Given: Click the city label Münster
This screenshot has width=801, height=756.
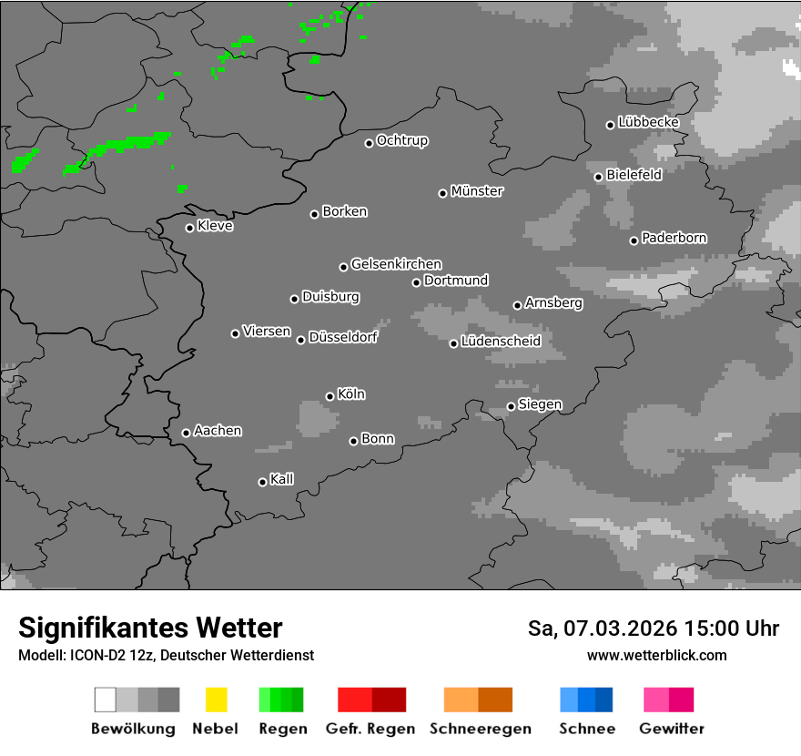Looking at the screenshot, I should point(477,191).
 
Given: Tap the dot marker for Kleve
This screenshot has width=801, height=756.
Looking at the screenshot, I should point(189,228).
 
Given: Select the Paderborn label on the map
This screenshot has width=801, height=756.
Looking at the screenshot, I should point(674,239).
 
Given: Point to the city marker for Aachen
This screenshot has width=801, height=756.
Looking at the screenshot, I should point(186,433).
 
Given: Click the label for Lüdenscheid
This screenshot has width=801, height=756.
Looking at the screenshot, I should point(501,342).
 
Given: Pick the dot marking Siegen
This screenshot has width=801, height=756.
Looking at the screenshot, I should point(511,406).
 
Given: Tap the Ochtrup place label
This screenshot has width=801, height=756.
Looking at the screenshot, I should point(402,141).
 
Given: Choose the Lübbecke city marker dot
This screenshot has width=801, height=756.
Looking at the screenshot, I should point(610,125).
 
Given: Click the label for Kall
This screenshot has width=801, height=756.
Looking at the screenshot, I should point(282,479).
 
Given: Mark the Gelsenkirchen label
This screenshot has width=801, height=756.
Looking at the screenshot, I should point(396,265).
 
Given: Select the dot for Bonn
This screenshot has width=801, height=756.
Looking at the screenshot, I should point(353,441).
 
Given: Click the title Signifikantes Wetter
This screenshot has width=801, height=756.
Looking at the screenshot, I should point(150,628).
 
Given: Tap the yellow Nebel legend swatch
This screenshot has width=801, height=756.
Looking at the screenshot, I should point(216,700).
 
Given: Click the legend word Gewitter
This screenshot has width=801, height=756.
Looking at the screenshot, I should point(672,729).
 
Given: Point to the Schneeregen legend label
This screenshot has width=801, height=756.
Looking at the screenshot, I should point(479,729).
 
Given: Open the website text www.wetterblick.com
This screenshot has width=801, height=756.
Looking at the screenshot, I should point(657,655).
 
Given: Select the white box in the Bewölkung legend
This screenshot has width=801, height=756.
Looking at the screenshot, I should point(105,700).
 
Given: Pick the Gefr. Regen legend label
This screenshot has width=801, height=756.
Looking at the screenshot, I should point(370,729).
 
